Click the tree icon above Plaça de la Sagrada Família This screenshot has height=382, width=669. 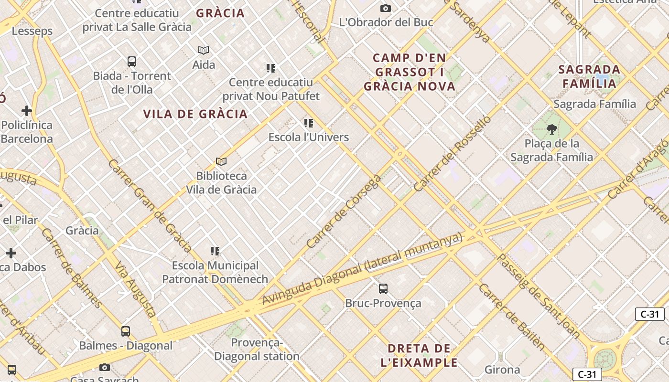(552, 129)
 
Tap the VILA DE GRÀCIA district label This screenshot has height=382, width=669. (195, 114)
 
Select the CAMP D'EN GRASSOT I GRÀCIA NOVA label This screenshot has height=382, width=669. (410, 72)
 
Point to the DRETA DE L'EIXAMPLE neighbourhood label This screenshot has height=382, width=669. (419, 355)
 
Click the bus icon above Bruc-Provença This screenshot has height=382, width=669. (383, 288)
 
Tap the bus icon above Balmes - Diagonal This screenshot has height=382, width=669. (126, 331)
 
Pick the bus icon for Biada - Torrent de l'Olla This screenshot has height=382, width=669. (132, 61)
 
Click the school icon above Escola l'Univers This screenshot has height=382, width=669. (309, 123)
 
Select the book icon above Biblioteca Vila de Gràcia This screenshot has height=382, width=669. (221, 161)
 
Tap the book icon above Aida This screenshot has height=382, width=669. (204, 50)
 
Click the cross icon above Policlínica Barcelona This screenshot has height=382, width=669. (27, 111)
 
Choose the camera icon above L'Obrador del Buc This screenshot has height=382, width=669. (386, 8)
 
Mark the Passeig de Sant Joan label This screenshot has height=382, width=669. (538, 296)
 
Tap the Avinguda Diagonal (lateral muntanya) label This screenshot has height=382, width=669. (362, 269)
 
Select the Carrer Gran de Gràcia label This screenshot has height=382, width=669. (150, 206)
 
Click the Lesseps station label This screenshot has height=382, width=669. (32, 31)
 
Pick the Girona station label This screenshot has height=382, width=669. (502, 370)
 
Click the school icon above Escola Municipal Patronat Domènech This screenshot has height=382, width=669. (215, 251)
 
